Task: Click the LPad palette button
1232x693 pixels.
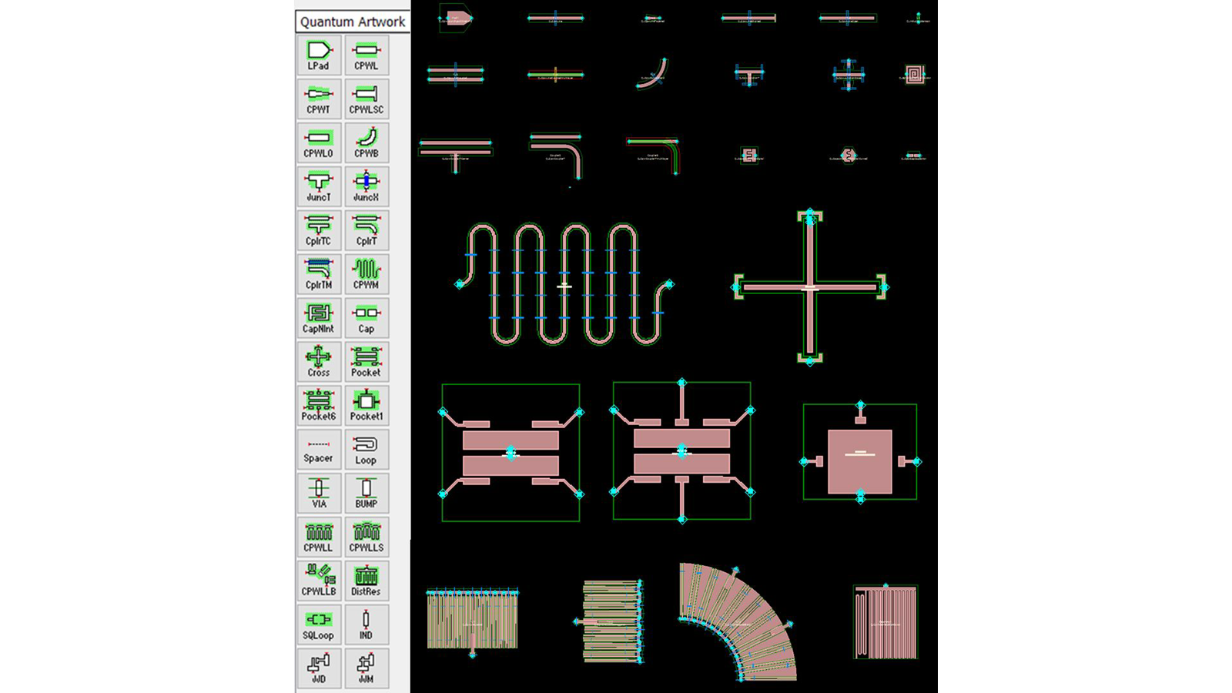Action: pos(318,55)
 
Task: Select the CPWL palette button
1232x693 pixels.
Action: pos(366,55)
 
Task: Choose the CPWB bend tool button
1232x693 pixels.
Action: pos(366,142)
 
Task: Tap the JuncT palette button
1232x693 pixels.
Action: pos(318,186)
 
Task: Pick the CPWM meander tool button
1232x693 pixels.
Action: pos(366,274)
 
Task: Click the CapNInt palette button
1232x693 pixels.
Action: pos(318,318)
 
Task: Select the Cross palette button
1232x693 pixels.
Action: pos(318,361)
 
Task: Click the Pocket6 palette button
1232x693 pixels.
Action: pos(318,405)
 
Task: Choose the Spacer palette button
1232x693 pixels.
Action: pos(318,449)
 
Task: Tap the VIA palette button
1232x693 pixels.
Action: pos(318,493)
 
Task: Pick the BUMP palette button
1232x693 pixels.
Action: pos(366,493)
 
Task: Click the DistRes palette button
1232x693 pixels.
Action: pos(366,581)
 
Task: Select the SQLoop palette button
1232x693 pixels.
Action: pos(318,624)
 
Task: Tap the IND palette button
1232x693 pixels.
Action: pos(366,624)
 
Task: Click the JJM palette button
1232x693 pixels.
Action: pos(366,668)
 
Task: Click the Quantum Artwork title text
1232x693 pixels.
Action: pos(353,22)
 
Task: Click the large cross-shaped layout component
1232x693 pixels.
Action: pos(810,287)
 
